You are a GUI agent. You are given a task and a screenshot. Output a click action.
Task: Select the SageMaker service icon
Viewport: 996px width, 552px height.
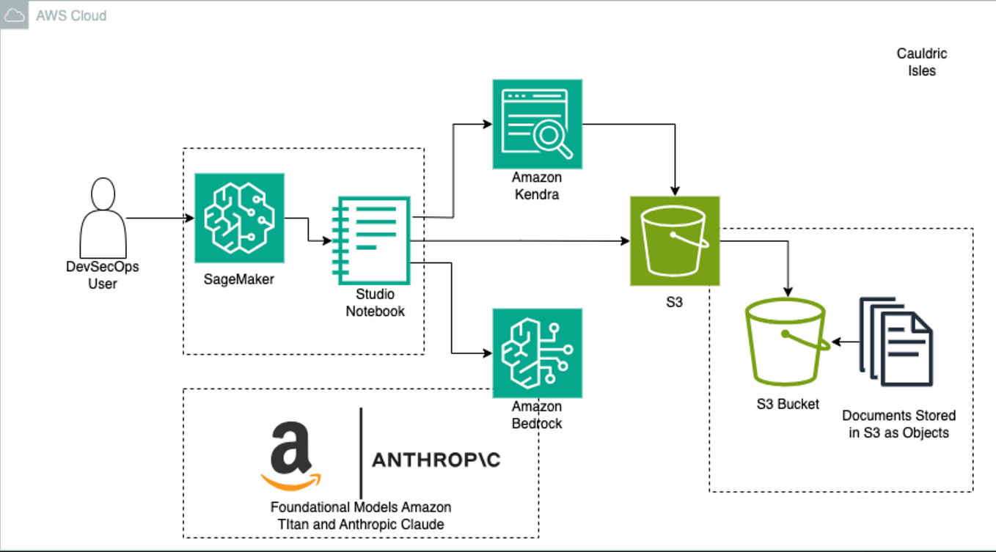coord(239,218)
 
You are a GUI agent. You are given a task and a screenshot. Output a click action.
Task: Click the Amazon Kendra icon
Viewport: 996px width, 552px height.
coord(537,124)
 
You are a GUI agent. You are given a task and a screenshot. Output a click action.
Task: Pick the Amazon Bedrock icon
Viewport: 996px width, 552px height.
coord(537,353)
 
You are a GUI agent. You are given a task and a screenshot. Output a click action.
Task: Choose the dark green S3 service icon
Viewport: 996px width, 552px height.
coord(675,240)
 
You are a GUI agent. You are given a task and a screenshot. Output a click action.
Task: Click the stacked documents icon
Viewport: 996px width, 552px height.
coord(896,341)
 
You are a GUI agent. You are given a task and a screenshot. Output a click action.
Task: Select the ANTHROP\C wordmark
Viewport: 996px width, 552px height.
coord(436,460)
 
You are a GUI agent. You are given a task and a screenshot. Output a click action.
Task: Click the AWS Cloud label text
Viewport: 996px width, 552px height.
coord(71,15)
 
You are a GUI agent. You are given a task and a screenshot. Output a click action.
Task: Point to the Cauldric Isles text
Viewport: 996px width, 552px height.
coord(921,62)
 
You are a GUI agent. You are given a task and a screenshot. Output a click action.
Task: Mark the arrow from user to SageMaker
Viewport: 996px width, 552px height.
coord(160,218)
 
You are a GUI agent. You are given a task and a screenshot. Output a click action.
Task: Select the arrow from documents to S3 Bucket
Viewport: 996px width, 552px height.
coord(845,342)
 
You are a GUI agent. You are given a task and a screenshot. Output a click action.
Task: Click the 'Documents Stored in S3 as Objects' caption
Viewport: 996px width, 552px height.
coord(898,424)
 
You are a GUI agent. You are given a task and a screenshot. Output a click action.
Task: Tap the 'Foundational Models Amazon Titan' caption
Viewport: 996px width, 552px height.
coord(360,515)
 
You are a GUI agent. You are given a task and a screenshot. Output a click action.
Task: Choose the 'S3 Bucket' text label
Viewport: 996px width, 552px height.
coord(788,404)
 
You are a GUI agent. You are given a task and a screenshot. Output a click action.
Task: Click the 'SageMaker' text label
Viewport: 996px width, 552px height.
coord(239,279)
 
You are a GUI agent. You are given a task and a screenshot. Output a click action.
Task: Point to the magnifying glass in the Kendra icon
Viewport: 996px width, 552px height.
coord(552,137)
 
